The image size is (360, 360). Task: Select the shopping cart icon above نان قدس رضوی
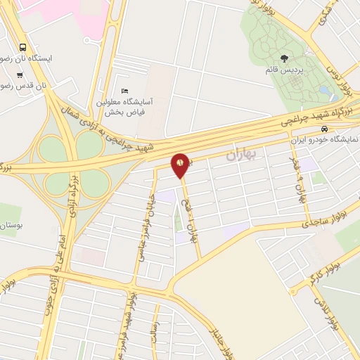[x=20, y=75]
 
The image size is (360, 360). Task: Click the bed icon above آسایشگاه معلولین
[x=125, y=91]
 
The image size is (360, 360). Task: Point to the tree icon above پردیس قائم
[x=284, y=58]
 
